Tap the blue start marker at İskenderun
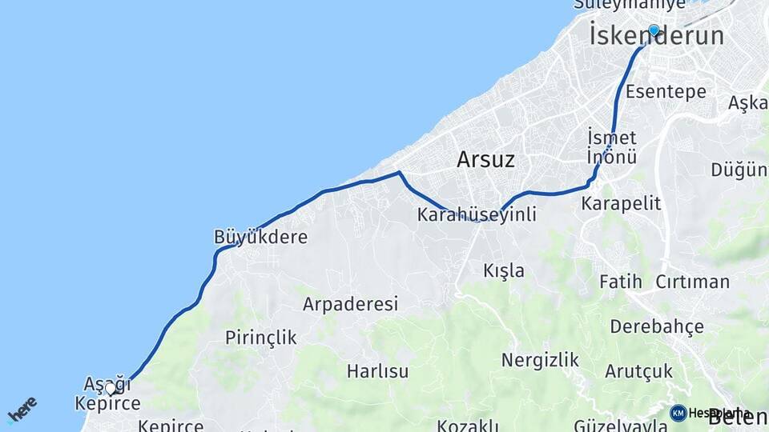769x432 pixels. (654, 30)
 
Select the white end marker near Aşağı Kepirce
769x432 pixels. (111, 389)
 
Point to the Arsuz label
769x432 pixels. (485, 159)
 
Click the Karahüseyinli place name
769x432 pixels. (477, 215)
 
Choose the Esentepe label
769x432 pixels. (666, 91)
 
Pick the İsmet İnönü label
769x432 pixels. (612, 146)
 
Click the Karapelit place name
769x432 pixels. (622, 203)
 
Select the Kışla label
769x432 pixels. (504, 270)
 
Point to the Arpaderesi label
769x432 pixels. (350, 304)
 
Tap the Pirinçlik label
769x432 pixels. (260, 338)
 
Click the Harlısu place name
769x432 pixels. (377, 371)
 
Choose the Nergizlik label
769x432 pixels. (540, 360)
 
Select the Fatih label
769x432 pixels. (621, 282)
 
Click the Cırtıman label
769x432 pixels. (692, 282)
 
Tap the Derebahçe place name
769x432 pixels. (656, 326)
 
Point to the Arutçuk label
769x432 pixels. (638, 371)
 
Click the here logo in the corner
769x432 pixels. (22, 409)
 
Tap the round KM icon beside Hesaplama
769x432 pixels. (678, 413)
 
